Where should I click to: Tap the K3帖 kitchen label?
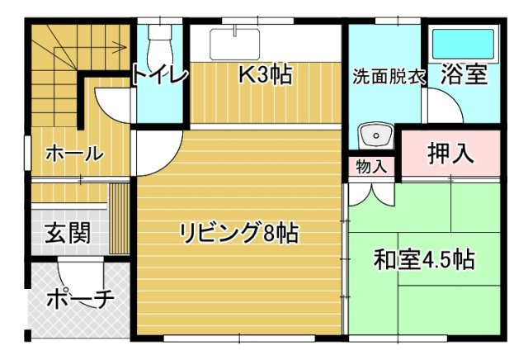tap(265, 75)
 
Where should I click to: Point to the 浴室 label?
tap(463, 75)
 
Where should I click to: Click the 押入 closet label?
tap(450, 154)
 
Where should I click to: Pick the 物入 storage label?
tap(371, 165)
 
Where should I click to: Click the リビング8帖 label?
tap(239, 234)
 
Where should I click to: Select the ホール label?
tap(73, 154)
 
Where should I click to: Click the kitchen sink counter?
tap(236, 43)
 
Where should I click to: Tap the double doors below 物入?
tap(371, 193)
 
